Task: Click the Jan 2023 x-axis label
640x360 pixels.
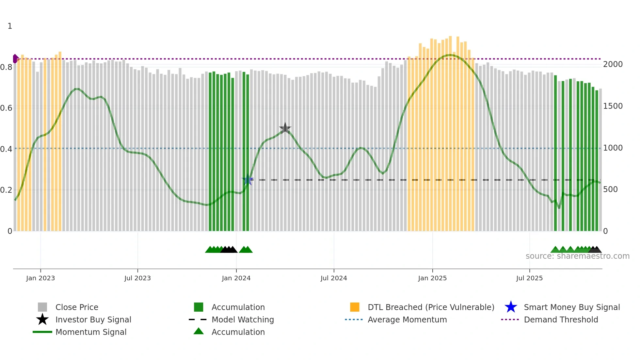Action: tap(40, 278)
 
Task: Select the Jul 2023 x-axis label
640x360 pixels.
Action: tap(137, 278)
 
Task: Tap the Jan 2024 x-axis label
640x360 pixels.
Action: tap(236, 278)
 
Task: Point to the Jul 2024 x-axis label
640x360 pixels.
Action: tap(334, 278)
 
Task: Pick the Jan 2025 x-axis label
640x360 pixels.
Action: tap(432, 278)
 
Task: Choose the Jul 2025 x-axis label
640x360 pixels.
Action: tap(529, 278)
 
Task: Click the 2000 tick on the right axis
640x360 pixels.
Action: tap(613, 64)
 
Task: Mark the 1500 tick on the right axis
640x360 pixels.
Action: tap(613, 106)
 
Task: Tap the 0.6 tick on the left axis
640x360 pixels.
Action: tap(6, 108)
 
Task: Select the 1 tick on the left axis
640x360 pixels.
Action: tap(10, 26)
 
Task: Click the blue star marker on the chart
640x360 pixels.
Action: tap(248, 180)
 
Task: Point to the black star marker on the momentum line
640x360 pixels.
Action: tap(285, 128)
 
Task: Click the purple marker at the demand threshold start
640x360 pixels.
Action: tap(15, 59)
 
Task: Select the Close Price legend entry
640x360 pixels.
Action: tap(77, 307)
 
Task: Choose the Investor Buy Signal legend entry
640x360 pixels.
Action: tap(93, 319)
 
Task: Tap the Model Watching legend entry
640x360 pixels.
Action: tap(243, 319)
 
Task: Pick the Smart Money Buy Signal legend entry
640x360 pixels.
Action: tap(572, 307)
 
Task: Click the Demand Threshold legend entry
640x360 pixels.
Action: tap(561, 319)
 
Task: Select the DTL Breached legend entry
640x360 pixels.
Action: tap(431, 307)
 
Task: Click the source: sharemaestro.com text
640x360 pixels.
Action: tap(577, 256)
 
